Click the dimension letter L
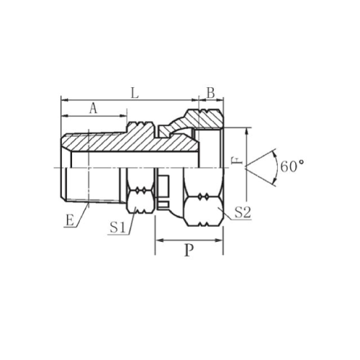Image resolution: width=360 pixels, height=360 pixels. pyautogui.click(x=135, y=93)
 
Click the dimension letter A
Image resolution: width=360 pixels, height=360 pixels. pyautogui.click(x=94, y=109)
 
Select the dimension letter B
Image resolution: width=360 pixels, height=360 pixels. pyautogui.click(x=211, y=93)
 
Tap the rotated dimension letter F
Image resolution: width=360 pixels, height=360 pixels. pyautogui.click(x=237, y=161)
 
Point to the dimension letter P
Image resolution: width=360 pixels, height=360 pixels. pyautogui.click(x=189, y=251)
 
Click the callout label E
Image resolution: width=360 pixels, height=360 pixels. pyautogui.click(x=70, y=220)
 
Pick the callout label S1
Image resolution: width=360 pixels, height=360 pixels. pyautogui.click(x=118, y=228)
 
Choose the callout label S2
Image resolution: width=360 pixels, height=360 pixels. pyautogui.click(x=243, y=212)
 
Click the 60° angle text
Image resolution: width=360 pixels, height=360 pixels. pyautogui.click(x=292, y=166)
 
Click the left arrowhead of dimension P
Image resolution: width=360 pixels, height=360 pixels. pyautogui.click(x=159, y=240)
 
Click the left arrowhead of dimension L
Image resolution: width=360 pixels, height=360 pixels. pyautogui.click(x=65, y=99)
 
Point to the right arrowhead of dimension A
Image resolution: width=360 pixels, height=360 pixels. pyautogui.click(x=123, y=116)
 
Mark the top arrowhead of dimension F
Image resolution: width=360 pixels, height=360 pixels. pyautogui.click(x=246, y=132)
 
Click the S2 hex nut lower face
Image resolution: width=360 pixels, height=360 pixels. pyautogui.click(x=204, y=211)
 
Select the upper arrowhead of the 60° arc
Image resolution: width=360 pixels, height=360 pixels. pyautogui.click(x=274, y=154)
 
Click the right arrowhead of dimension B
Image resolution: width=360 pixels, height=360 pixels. pyautogui.click(x=220, y=99)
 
